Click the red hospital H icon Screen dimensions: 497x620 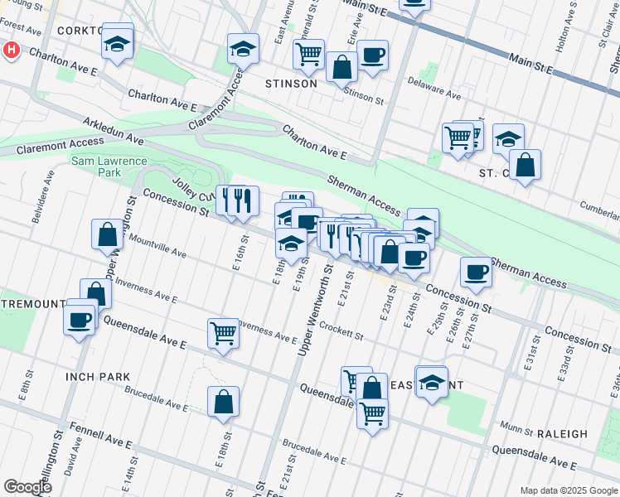(11, 51)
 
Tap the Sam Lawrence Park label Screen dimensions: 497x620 (109, 167)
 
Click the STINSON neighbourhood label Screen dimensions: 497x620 (290, 84)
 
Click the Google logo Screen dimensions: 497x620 (27, 487)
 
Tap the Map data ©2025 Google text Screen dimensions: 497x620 (568, 490)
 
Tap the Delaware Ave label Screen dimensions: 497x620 (434, 89)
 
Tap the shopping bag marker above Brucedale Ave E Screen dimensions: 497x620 (223, 403)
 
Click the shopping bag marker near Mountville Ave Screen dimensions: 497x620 (108, 234)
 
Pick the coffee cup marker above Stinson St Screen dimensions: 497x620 (372, 55)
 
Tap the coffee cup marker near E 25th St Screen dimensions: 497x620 (476, 272)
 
